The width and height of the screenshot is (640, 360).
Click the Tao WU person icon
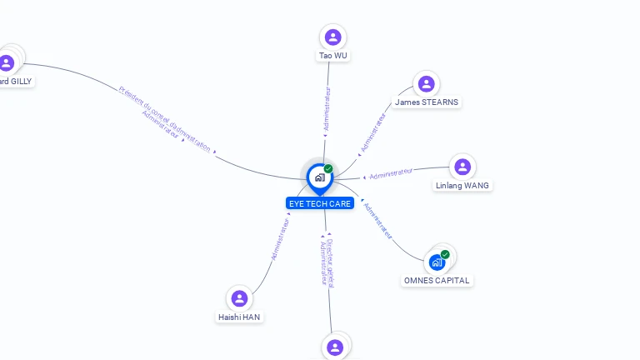(x=333, y=37)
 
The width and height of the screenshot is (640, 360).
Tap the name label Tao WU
(x=333, y=56)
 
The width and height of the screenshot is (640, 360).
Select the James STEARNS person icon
(x=427, y=83)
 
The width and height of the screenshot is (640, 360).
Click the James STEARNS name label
(x=427, y=102)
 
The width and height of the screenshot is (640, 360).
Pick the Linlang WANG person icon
(x=462, y=167)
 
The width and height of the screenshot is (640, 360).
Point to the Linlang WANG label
(x=462, y=186)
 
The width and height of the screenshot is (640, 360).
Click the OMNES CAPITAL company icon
(x=437, y=262)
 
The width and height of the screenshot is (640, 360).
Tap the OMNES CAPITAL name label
(x=437, y=281)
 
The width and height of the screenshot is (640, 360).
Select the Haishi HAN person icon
(x=240, y=298)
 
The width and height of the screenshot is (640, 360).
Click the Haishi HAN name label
(x=240, y=317)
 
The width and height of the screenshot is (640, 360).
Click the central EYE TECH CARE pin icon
(x=319, y=177)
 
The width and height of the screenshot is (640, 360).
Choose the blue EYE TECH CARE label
(x=320, y=203)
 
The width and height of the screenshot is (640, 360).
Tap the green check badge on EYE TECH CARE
(x=328, y=169)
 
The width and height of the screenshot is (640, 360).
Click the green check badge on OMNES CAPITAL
(x=445, y=254)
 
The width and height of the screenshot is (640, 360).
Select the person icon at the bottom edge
(x=335, y=347)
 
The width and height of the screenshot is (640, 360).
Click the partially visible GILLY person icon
(x=7, y=62)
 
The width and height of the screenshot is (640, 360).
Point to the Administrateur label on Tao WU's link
(x=327, y=108)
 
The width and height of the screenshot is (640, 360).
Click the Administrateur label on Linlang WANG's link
(x=391, y=173)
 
